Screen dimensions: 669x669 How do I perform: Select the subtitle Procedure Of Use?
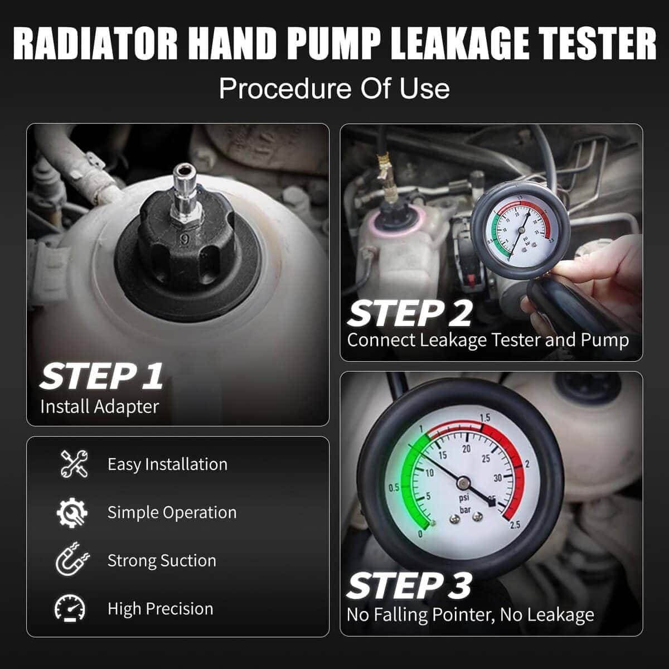coord(334,89)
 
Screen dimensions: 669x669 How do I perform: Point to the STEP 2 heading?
coord(410,313)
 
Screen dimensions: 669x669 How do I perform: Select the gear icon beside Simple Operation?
coord(72,512)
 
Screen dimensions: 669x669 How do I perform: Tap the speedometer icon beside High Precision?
coord(70,608)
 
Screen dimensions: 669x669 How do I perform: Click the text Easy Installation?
coord(167,464)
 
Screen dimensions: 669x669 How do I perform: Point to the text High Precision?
coord(161,609)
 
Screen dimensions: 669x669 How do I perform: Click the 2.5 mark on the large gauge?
coord(515,525)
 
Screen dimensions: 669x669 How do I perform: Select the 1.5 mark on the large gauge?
coord(485,418)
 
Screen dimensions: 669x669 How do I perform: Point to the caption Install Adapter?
coord(99,406)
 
